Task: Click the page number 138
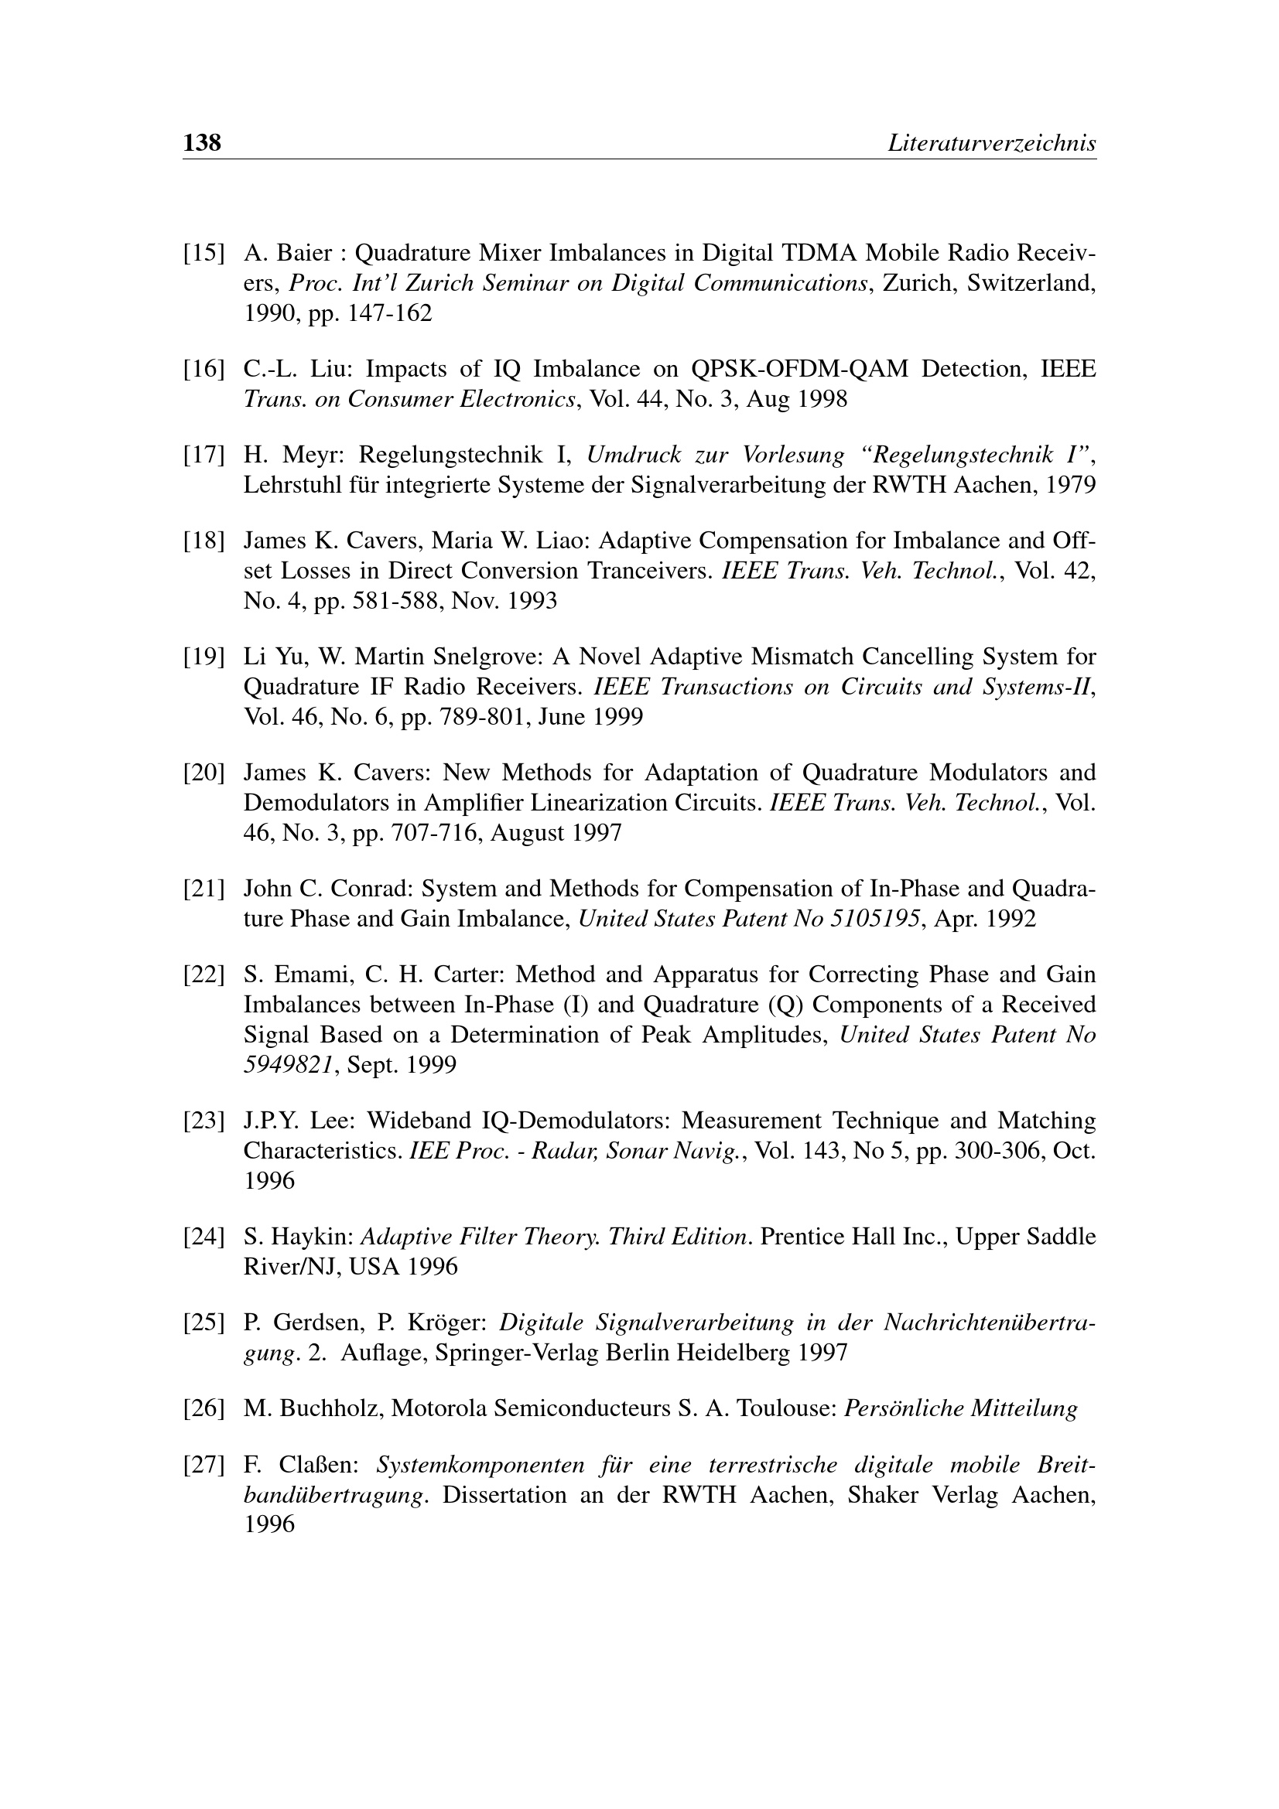point(202,142)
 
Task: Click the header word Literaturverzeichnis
point(991,143)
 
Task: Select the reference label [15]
point(203,254)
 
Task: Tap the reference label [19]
point(203,657)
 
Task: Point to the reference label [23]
point(203,1121)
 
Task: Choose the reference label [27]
point(203,1466)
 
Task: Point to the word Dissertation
point(504,1495)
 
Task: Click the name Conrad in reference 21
point(365,889)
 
